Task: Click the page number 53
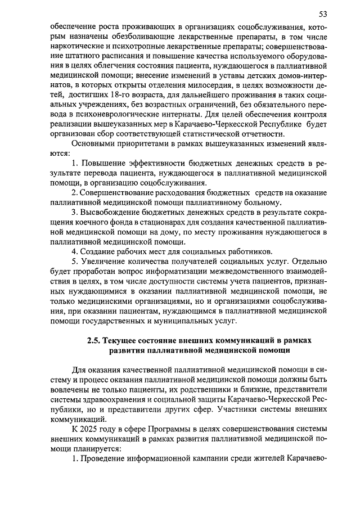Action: (322, 13)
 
